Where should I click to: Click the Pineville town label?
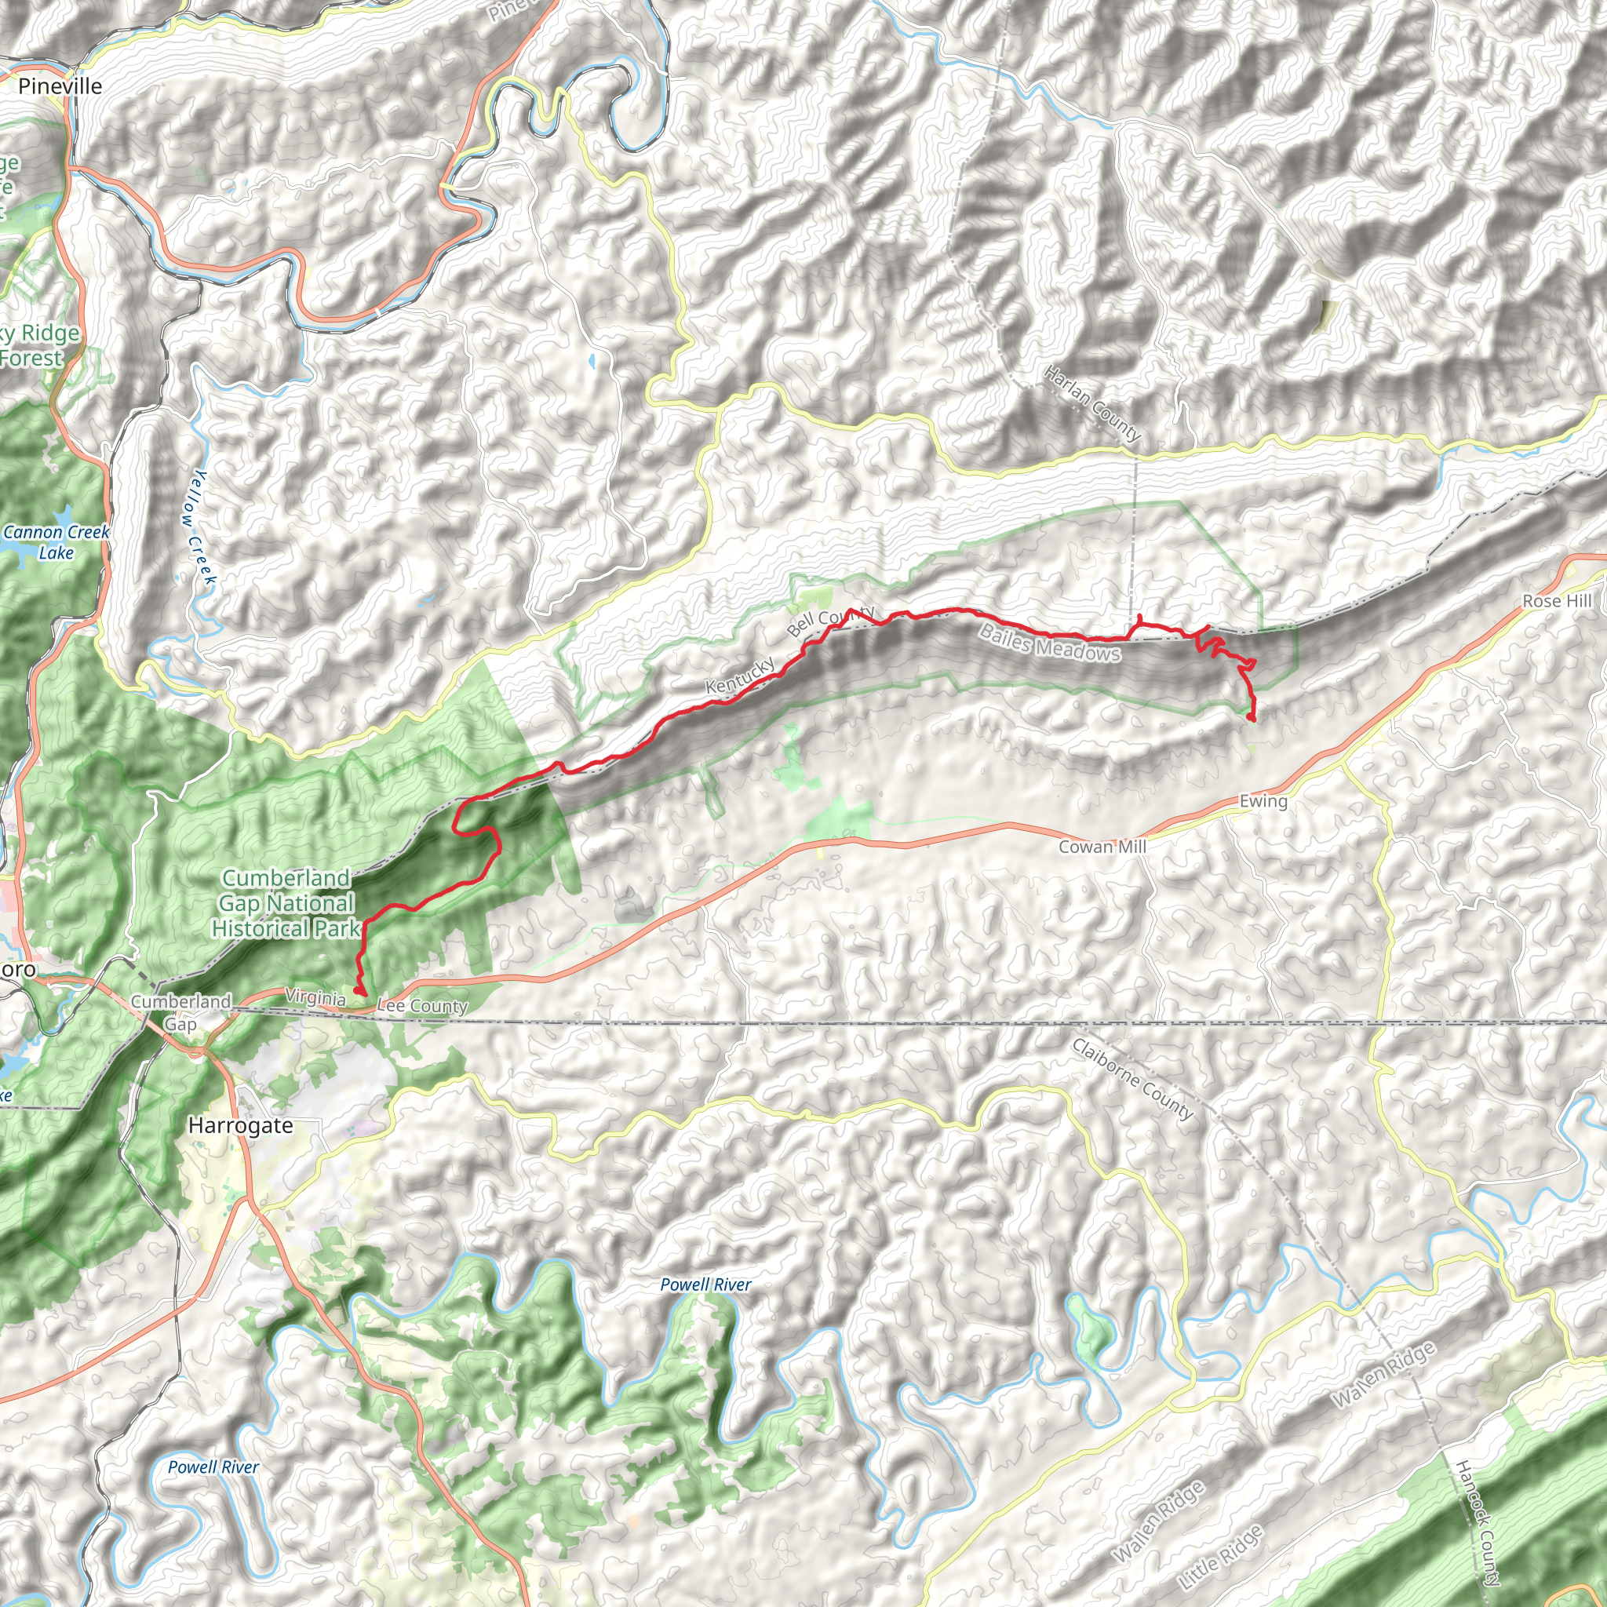click(x=60, y=86)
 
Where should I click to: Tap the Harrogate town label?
click(x=240, y=1125)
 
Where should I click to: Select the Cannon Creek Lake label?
click(x=56, y=542)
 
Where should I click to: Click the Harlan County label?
click(x=1091, y=403)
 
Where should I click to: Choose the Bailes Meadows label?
click(x=1050, y=643)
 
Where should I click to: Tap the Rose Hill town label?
click(x=1557, y=600)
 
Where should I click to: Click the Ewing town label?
click(x=1263, y=801)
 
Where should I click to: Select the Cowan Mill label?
click(x=1102, y=847)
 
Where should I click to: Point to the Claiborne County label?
click(x=1132, y=1078)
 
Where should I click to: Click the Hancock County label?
click(x=1478, y=1521)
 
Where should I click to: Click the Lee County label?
click(x=423, y=1006)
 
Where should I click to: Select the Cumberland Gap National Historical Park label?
click(x=286, y=903)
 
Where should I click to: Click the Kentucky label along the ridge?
click(x=739, y=675)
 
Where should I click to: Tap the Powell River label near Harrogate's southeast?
click(x=705, y=1285)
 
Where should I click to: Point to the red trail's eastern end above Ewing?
click(x=1251, y=717)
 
